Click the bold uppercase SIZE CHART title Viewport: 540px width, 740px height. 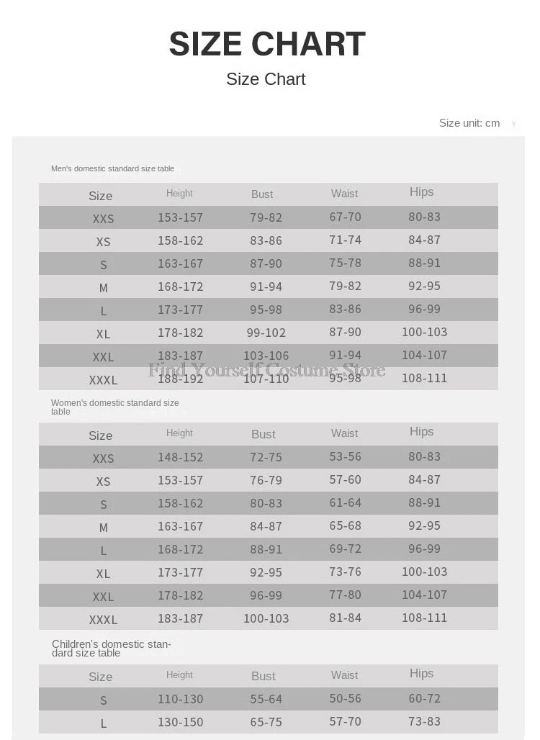coord(267,44)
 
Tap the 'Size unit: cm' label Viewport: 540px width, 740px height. coord(469,123)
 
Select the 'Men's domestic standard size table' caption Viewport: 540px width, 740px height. coord(112,168)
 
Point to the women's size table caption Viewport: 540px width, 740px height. coord(114,407)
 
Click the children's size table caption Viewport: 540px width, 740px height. coord(111,649)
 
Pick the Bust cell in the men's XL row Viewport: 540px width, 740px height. coord(266,333)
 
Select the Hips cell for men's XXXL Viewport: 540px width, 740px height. coord(424,378)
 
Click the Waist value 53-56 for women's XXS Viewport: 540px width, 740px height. coord(345,456)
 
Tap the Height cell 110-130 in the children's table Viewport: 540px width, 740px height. coord(180,699)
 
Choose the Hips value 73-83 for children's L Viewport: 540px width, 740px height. coord(424,721)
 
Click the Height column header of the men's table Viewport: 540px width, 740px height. coord(179,193)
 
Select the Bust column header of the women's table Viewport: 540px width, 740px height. coord(263,434)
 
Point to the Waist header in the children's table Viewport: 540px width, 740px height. coord(344,675)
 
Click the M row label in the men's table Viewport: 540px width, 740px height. coord(104,288)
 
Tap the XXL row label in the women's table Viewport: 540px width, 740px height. coord(103,597)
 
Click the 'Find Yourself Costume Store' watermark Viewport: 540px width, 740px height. coord(266,370)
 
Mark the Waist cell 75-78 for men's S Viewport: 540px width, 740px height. coord(345,263)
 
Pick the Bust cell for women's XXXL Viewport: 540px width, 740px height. coord(266,618)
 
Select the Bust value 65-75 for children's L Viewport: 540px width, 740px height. coord(266,722)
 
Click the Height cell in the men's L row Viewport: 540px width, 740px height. coord(180,310)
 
